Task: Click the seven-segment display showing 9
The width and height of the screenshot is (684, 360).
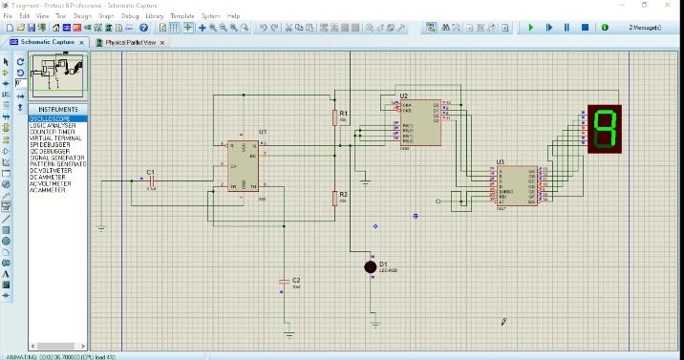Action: (x=604, y=128)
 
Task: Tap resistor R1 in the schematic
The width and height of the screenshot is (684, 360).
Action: (x=335, y=116)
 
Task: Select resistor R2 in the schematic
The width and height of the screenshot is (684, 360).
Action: (x=335, y=198)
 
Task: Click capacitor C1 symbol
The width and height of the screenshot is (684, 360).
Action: (x=150, y=180)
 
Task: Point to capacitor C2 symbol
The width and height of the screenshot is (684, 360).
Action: (x=283, y=281)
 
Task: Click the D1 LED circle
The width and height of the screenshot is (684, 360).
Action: (x=371, y=266)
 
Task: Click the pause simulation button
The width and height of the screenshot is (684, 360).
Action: (x=566, y=28)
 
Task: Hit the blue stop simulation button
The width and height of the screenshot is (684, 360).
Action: (x=585, y=28)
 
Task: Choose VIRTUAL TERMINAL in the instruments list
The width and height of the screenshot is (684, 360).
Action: (x=54, y=138)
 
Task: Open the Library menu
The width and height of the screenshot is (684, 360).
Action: (x=154, y=16)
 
